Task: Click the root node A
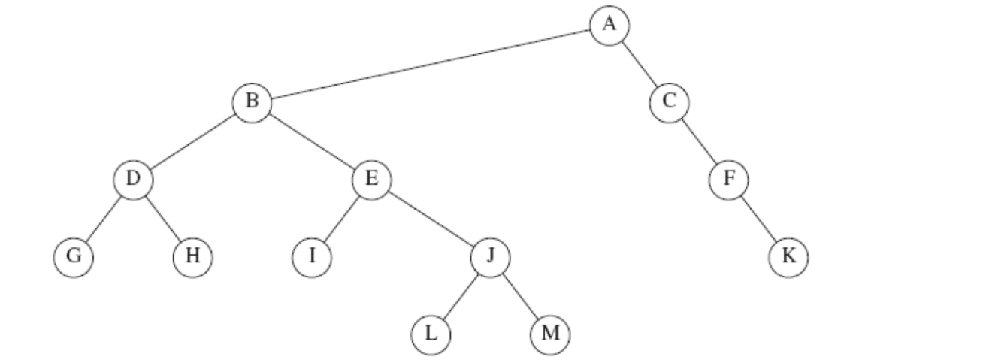point(609,24)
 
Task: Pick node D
point(133,180)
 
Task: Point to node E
point(371,180)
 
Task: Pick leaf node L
point(431,334)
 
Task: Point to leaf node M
point(550,334)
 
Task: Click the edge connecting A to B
point(431,63)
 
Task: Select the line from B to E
point(311,141)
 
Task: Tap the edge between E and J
point(431,218)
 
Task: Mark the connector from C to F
point(699,141)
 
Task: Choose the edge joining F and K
point(758,218)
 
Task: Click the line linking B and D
point(192,141)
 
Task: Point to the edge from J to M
point(520,295)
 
